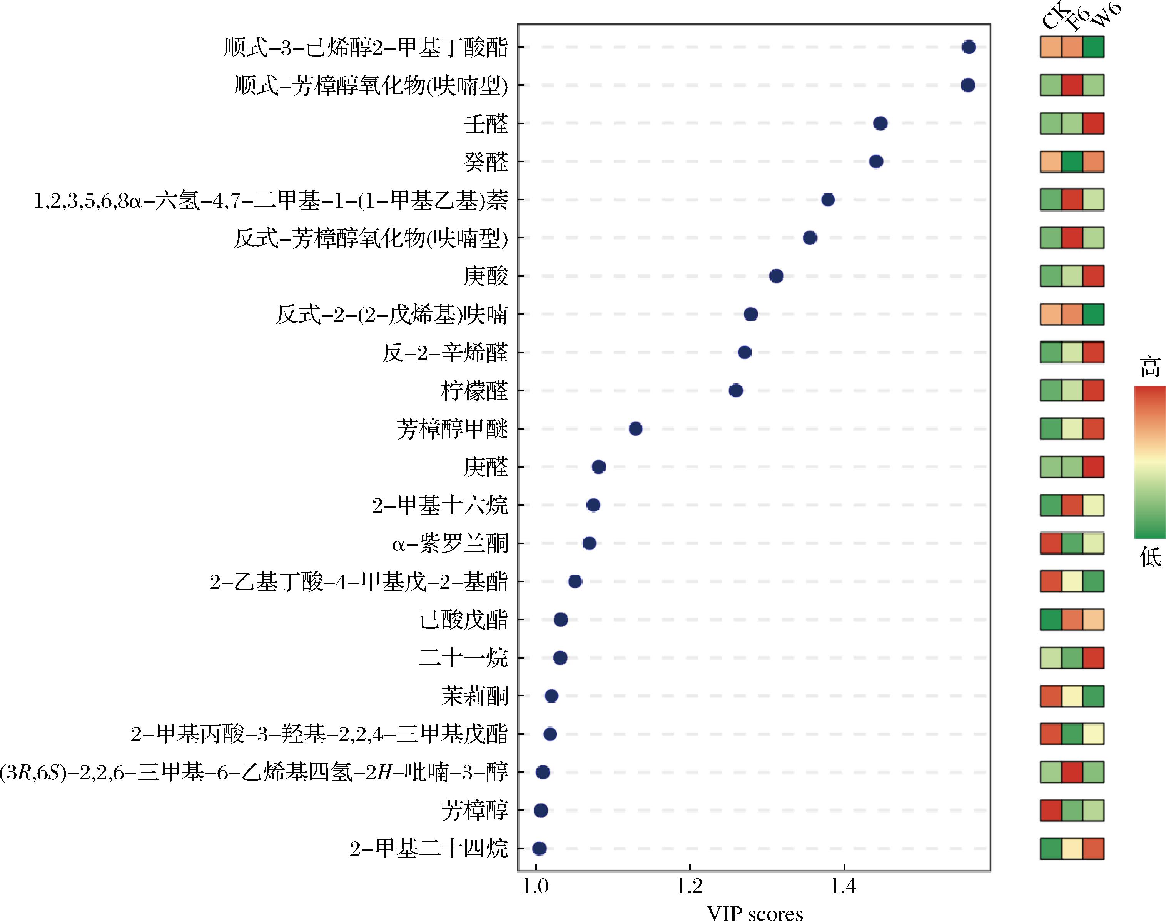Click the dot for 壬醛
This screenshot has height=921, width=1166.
pyautogui.click(x=880, y=123)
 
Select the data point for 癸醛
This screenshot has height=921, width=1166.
pyautogui.click(x=876, y=161)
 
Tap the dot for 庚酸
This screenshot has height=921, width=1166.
pyautogui.click(x=776, y=276)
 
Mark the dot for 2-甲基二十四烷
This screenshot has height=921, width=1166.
pyautogui.click(x=539, y=849)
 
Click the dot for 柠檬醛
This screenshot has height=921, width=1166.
pyautogui.click(x=735, y=390)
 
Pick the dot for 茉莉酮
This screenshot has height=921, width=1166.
pyautogui.click(x=551, y=696)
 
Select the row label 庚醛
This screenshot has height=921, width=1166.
pyautogui.click(x=486, y=467)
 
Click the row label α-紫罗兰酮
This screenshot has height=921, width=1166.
pyautogui.click(x=450, y=543)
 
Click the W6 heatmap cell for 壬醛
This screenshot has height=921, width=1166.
pyautogui.click(x=1094, y=123)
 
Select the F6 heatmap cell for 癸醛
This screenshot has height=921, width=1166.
pyautogui.click(x=1072, y=161)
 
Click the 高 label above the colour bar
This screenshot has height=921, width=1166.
pyautogui.click(x=1150, y=367)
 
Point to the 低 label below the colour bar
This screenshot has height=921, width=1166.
pyautogui.click(x=1150, y=556)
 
